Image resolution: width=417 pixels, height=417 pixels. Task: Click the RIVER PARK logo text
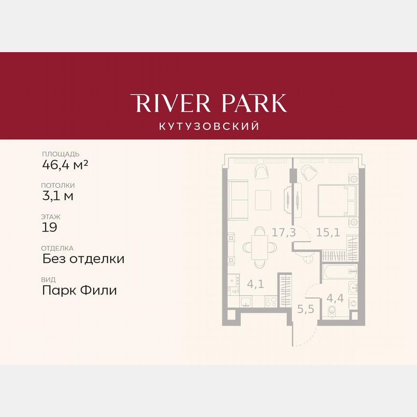[208, 103]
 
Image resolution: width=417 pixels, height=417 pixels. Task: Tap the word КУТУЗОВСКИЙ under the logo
[208, 126]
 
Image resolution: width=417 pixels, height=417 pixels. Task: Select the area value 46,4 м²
[65, 165]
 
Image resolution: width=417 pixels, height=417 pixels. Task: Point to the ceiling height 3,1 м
[58, 195]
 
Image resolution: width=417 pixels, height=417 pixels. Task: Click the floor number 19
[49, 227]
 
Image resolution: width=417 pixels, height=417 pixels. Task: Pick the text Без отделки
[83, 259]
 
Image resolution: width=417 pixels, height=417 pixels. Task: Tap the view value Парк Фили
[80, 291]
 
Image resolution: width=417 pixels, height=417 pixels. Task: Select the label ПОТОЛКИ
[58, 185]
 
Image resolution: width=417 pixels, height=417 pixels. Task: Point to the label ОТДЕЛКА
[58, 248]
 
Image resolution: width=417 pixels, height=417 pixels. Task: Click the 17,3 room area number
[283, 233]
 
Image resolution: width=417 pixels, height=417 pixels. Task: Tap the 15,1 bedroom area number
[328, 232]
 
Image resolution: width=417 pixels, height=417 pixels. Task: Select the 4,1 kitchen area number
[255, 284]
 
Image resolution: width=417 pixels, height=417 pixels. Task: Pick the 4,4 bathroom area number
[335, 297]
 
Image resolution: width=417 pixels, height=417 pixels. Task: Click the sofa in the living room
[237, 199]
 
